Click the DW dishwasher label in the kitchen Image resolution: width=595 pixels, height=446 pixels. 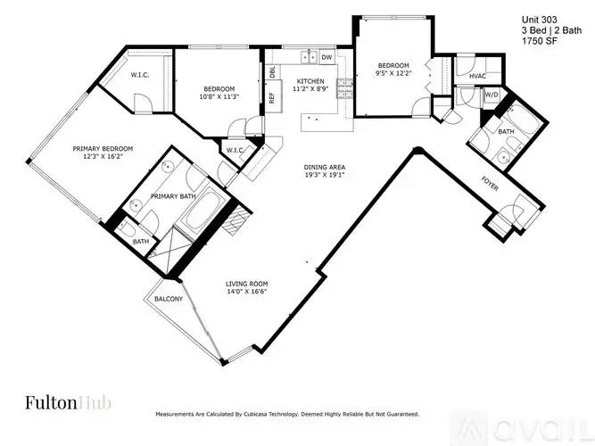tap(327, 57)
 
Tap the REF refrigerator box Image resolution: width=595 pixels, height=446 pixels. tap(273, 96)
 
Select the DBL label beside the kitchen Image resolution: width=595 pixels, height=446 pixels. tap(272, 71)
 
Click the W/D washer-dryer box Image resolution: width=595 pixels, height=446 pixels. tap(491, 95)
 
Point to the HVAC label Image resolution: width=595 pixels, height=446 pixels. tap(477, 77)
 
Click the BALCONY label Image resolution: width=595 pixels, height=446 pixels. tap(169, 299)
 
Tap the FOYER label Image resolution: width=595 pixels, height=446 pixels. tap(490, 184)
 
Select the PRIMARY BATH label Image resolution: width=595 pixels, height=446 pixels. tap(173, 196)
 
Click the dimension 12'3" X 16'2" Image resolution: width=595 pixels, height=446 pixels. tap(103, 156)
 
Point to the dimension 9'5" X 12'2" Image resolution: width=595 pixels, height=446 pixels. tap(393, 73)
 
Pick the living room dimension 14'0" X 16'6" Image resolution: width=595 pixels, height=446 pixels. tap(246, 292)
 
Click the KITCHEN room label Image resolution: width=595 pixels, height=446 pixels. tap(310, 81)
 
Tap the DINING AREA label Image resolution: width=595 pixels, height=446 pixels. tap(325, 167)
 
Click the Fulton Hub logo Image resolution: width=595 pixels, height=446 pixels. tap(69, 402)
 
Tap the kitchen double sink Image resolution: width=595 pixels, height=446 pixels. tap(310, 57)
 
